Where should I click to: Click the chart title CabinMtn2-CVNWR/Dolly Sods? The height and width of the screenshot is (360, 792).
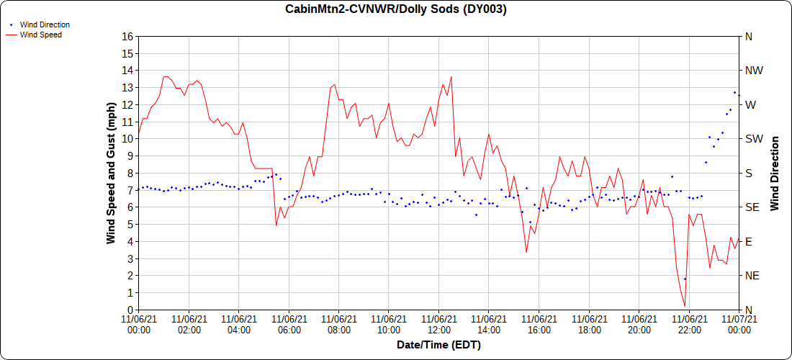pos(396,9)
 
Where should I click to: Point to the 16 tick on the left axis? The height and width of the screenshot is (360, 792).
pos(128,36)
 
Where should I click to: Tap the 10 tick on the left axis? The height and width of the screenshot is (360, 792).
pos(128,139)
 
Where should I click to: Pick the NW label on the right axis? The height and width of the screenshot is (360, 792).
pos(754,71)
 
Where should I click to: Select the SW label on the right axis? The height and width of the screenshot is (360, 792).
pos(753,139)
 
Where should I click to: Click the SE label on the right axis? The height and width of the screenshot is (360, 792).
pos(752,207)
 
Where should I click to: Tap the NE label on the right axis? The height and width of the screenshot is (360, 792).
pos(752,276)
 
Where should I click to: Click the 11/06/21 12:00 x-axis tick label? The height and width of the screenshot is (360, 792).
pos(439,323)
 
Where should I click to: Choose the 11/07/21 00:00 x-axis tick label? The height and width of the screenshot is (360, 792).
pos(739,323)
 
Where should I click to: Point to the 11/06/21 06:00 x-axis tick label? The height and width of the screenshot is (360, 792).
pos(289,323)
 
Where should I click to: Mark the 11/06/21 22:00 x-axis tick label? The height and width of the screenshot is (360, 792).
pos(689,323)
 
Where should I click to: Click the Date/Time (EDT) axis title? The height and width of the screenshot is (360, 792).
pos(438,345)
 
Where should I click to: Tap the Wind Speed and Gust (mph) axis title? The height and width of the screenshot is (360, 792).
pos(111,173)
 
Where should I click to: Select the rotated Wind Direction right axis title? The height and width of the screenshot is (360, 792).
pos(775,173)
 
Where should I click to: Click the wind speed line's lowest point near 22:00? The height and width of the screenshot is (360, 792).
pos(685,307)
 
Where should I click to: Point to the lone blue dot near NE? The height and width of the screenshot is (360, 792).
pos(685,279)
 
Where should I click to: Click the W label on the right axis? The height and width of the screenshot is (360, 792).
pos(750,104)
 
